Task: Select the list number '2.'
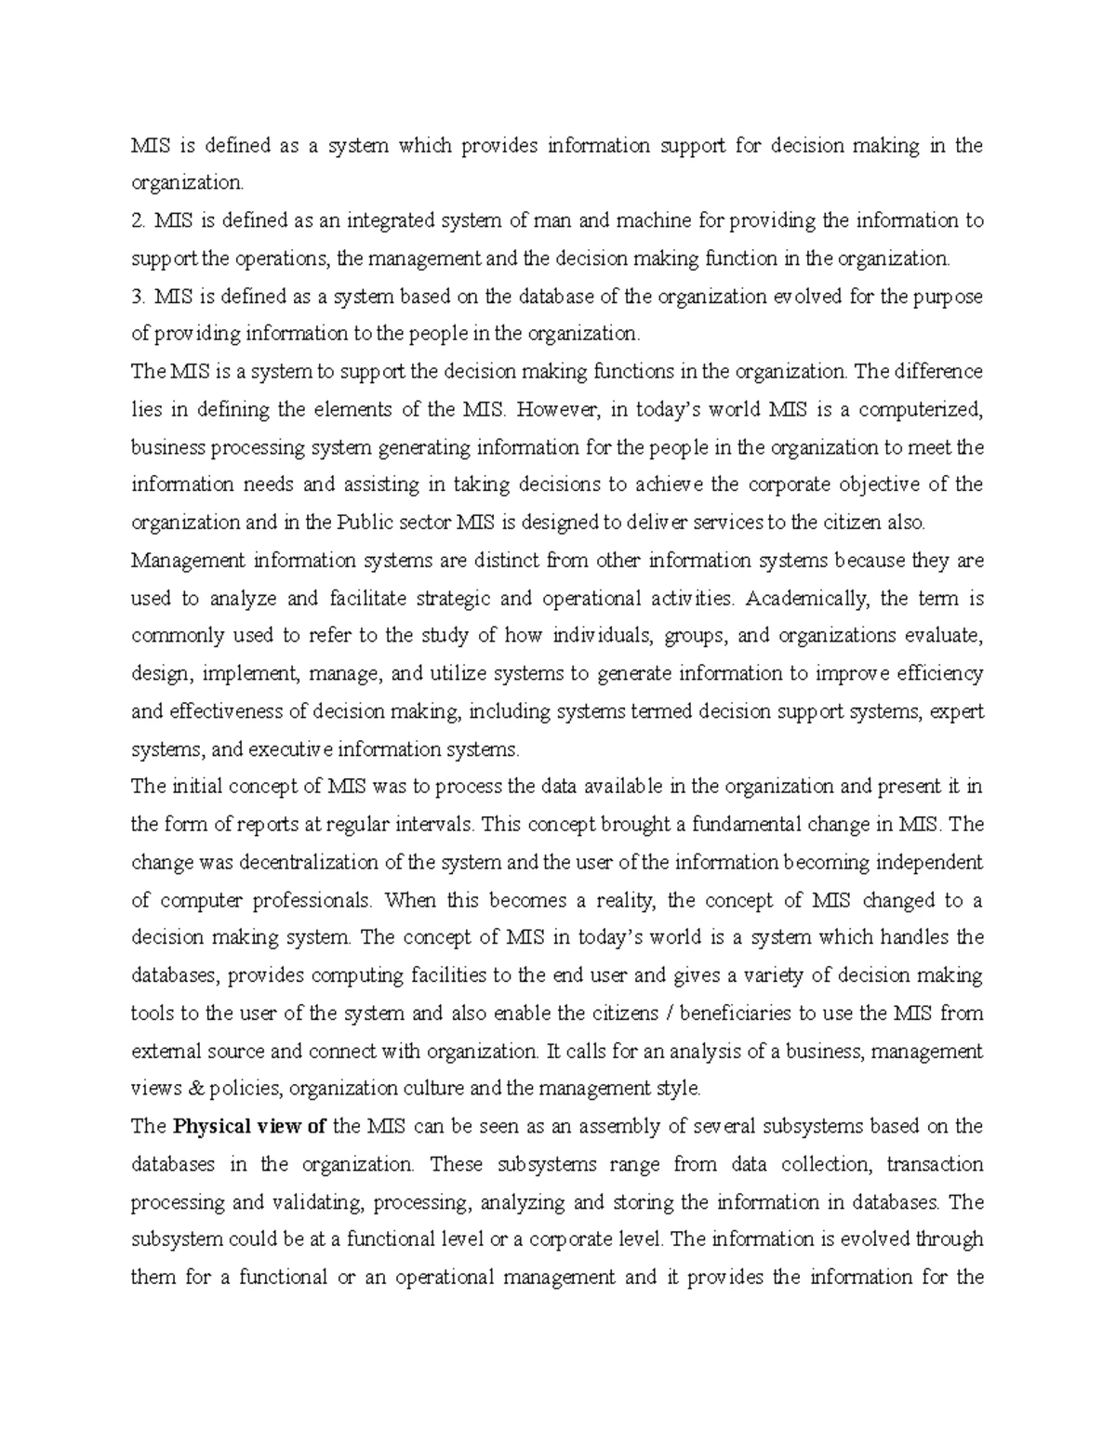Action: tap(139, 221)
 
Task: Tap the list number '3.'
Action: tap(139, 297)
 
